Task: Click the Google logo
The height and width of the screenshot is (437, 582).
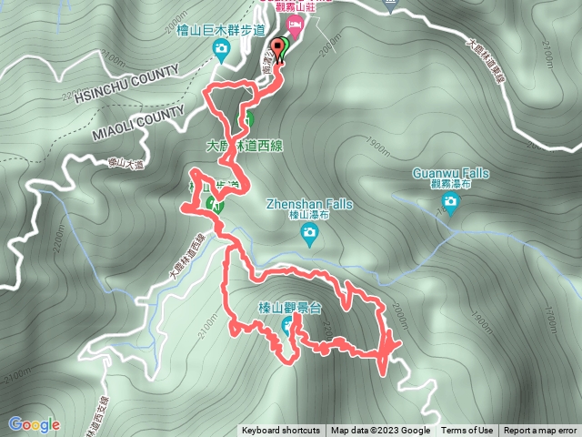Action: pos(34,423)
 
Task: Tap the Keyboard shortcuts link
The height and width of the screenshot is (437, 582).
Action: pos(281,431)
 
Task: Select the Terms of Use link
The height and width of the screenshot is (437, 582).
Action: pos(467,431)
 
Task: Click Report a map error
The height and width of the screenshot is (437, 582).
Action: pos(540,431)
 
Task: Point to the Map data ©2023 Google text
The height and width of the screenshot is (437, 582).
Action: pos(380,431)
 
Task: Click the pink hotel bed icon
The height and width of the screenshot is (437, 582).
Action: pos(294,23)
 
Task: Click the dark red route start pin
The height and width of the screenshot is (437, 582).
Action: pos(277,46)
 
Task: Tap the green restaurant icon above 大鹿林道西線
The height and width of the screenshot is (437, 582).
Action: pos(246,119)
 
